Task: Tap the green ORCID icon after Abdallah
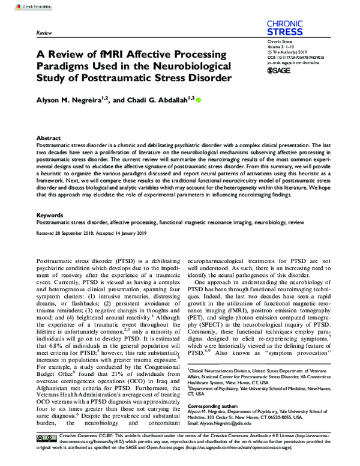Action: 199,100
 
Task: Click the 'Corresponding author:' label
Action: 211,407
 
